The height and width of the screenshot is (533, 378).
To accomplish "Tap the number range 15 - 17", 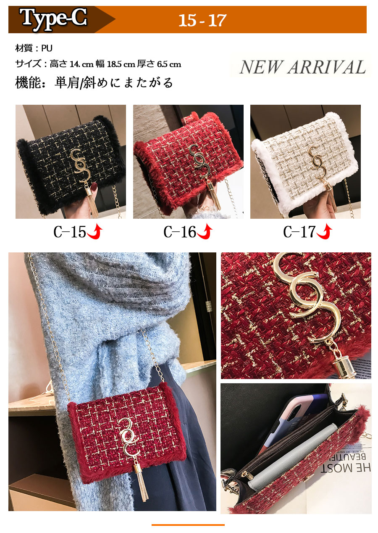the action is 202,21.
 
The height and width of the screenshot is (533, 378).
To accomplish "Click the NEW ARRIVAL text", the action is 302,67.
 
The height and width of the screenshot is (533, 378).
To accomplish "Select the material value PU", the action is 47,48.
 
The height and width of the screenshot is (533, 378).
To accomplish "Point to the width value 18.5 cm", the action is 121,64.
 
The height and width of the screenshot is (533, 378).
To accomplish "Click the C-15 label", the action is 70,231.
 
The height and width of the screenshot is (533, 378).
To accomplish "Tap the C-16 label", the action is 180,231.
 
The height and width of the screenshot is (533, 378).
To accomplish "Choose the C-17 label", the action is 299,231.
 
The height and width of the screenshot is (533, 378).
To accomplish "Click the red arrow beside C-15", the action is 95,232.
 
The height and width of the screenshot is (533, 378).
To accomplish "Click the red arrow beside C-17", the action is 324,232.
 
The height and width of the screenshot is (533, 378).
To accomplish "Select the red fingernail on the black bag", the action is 94,186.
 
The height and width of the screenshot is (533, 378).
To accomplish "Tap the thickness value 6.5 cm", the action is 169,64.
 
